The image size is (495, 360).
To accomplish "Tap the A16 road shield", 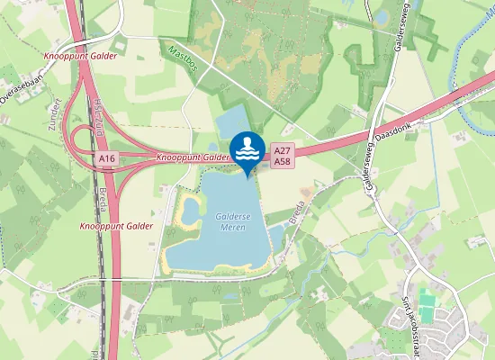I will click(x=108, y=158).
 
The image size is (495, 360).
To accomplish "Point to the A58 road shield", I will click(x=283, y=161).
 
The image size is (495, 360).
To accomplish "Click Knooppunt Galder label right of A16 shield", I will click(x=193, y=157).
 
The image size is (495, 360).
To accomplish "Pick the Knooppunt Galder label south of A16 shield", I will click(x=116, y=226).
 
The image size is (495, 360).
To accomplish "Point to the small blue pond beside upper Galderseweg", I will click(x=382, y=16).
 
